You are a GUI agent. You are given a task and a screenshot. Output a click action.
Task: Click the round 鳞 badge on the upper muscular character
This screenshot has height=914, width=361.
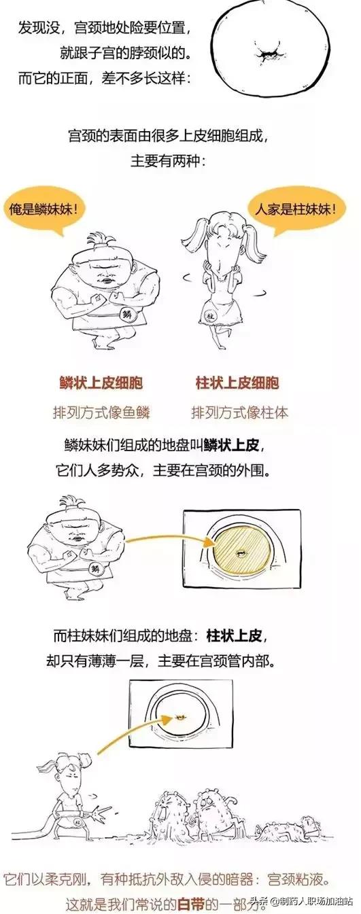click(x=126, y=314)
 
